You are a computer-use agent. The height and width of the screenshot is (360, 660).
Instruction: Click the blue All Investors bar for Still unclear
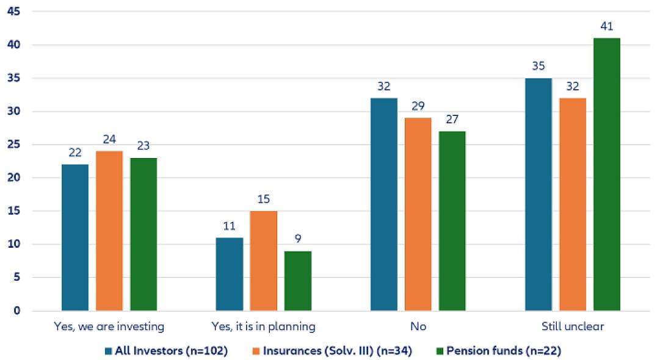(x=539, y=195)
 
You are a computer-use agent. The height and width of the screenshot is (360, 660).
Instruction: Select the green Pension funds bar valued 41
(x=606, y=175)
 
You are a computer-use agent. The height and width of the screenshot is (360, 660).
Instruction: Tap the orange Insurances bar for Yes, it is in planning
(x=264, y=261)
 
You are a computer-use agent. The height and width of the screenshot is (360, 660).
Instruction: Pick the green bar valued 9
(x=298, y=281)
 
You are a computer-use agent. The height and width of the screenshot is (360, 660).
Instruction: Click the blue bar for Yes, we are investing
(x=75, y=237)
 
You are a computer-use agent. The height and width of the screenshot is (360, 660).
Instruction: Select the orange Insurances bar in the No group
(x=418, y=214)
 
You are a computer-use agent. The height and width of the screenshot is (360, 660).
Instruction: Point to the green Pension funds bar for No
(x=452, y=221)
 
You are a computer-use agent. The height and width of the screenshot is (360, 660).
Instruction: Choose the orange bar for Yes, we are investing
(x=109, y=231)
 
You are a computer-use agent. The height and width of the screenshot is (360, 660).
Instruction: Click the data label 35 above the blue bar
(x=538, y=66)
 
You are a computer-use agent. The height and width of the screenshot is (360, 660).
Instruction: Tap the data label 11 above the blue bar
(x=230, y=226)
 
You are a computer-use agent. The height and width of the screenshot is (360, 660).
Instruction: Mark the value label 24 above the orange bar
(x=109, y=139)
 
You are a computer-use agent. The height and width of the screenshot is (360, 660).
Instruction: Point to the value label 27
(x=452, y=119)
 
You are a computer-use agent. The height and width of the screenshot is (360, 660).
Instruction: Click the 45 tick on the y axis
(x=13, y=12)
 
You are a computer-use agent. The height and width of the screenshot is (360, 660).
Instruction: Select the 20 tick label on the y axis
(x=13, y=178)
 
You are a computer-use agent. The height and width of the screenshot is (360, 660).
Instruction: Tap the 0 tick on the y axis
(x=17, y=311)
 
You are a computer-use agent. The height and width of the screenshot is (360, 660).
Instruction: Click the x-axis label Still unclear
(x=572, y=326)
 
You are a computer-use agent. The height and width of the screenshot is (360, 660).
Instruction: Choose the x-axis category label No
(x=418, y=326)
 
